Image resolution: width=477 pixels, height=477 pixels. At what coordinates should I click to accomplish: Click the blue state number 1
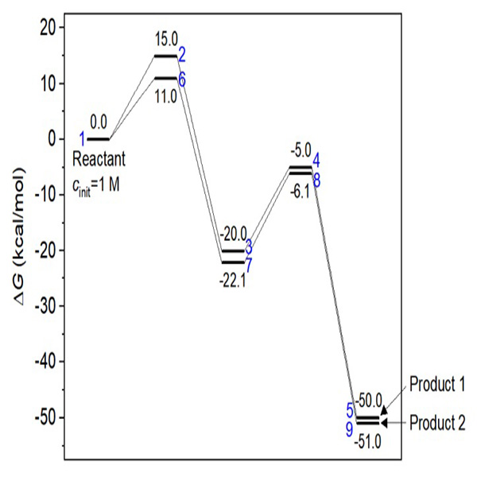tap(82, 140)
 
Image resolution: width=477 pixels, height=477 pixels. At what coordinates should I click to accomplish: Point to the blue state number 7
tap(249, 262)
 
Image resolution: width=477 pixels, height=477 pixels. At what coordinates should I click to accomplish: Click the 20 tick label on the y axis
tap(45, 28)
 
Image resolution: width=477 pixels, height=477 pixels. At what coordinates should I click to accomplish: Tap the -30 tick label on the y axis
tap(41, 306)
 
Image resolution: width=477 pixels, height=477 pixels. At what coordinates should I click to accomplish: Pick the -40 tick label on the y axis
tap(41, 362)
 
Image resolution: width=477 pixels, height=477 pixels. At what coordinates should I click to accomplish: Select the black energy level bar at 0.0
tap(99, 139)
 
